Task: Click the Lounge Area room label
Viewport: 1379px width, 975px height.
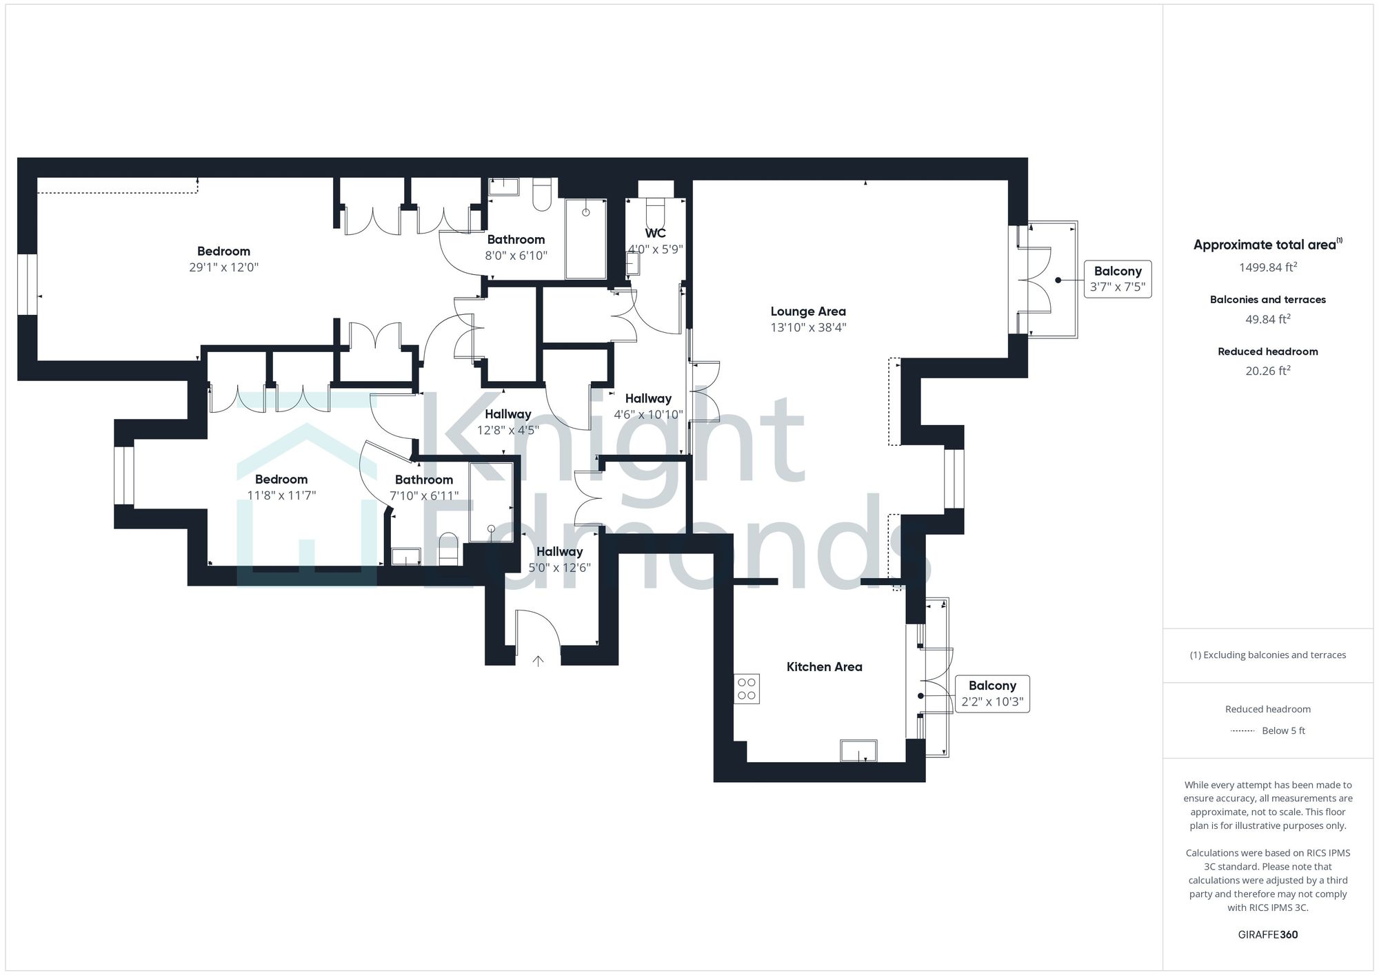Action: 807,311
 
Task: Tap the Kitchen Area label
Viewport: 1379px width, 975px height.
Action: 824,667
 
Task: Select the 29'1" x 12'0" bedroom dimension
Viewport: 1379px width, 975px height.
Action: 223,267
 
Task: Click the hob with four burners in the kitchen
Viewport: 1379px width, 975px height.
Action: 747,688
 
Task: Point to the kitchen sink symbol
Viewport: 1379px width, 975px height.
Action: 858,750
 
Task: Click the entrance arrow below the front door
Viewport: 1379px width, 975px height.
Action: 538,661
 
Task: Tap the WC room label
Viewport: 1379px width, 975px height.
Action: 655,234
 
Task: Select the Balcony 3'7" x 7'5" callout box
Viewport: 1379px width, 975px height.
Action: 1117,279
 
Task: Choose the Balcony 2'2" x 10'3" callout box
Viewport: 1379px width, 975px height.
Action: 992,694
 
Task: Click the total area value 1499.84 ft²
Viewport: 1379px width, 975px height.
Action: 1267,267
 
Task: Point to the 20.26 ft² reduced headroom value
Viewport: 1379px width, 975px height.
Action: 1267,371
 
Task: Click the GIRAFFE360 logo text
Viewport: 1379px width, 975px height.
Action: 1267,935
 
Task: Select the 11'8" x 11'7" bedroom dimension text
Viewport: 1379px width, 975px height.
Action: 281,495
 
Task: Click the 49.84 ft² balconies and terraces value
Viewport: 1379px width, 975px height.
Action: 1267,319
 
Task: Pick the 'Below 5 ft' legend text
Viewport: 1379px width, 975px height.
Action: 1282,731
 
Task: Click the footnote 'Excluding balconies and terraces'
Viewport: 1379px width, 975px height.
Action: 1267,655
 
